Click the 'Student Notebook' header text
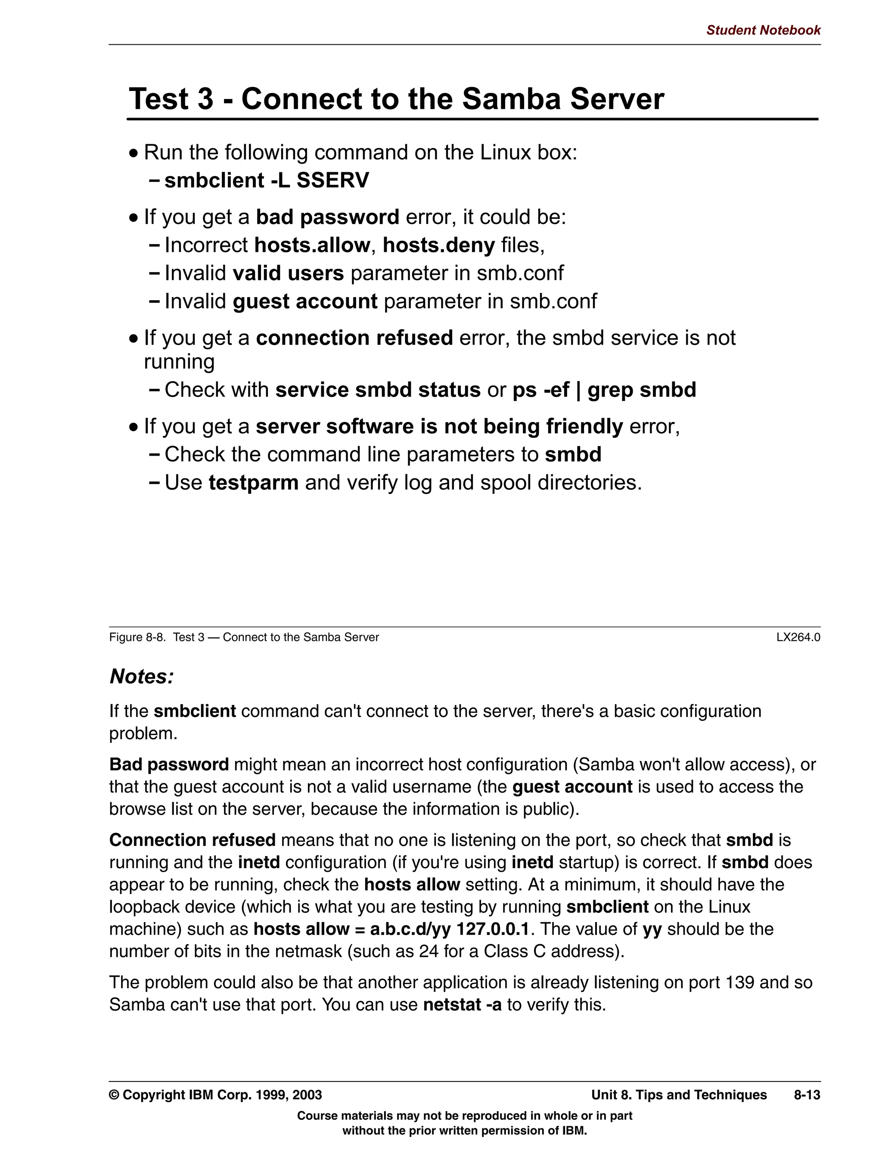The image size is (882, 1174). click(x=763, y=30)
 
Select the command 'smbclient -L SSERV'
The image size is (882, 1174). click(x=267, y=180)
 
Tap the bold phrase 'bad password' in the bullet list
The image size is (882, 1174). click(x=327, y=217)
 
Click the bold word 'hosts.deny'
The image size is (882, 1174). click(x=438, y=245)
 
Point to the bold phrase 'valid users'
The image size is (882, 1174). click(x=288, y=273)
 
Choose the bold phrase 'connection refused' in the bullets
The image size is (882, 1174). click(x=354, y=338)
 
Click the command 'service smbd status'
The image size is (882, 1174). click(x=377, y=390)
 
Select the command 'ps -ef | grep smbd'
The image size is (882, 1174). click(x=604, y=390)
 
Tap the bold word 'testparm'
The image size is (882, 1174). click(x=253, y=483)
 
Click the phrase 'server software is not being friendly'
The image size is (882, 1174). click(x=439, y=427)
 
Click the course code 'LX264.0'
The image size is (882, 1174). click(x=798, y=637)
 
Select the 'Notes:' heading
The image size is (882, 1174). click(x=142, y=677)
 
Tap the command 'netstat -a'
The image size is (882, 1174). click(x=462, y=1005)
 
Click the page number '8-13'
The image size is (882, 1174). click(x=807, y=1095)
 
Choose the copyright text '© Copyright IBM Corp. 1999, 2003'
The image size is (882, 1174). click(x=215, y=1095)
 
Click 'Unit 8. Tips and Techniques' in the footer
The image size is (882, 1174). click(x=679, y=1095)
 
